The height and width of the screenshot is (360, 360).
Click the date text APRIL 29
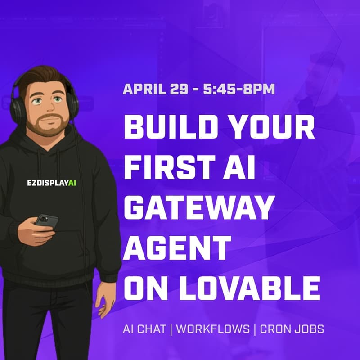(x=153, y=89)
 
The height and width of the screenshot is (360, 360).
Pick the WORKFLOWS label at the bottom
(x=213, y=329)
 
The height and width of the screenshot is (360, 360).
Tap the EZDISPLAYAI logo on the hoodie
(x=51, y=183)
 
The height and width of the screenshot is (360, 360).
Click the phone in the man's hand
(x=46, y=221)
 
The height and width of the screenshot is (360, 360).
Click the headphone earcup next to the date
(x=72, y=102)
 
